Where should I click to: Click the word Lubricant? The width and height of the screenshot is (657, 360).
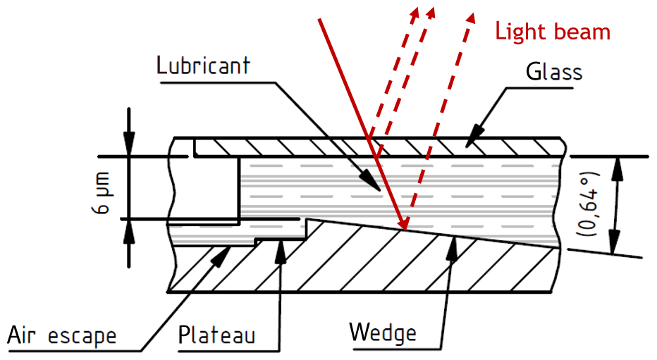pyautogui.click(x=204, y=66)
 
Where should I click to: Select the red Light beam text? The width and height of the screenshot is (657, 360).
pyautogui.click(x=552, y=32)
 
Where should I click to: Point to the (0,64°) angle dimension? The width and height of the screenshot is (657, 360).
pyautogui.click(x=591, y=204)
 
